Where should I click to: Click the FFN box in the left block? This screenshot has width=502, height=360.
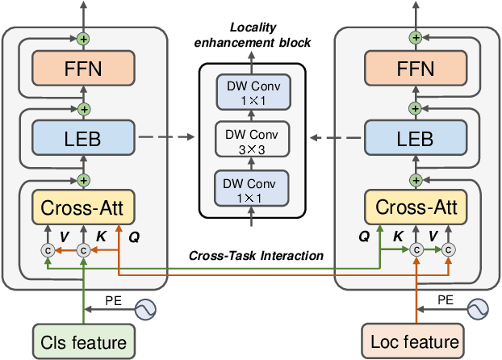[83, 70]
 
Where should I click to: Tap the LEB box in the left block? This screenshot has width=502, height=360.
[83, 139]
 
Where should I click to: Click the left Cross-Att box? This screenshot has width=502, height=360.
[83, 208]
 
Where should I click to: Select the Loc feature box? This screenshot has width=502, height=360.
[412, 341]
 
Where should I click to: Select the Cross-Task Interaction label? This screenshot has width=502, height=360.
[257, 255]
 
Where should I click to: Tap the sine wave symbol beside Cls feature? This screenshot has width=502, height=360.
[145, 308]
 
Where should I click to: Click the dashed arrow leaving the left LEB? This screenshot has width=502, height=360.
[165, 138]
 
